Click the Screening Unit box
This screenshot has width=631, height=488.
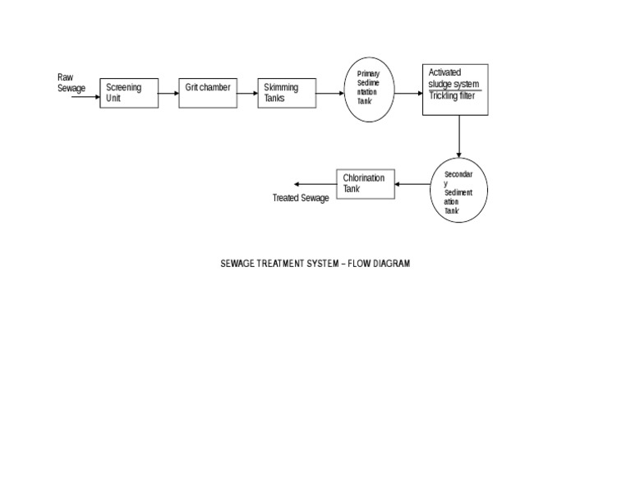coord(129,94)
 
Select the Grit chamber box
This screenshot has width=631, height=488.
coord(207,93)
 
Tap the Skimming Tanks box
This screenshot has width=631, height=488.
coord(286,93)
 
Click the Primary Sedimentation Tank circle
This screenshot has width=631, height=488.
coord(369,90)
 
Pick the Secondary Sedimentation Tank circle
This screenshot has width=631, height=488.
coord(458,191)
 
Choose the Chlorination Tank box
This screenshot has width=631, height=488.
coord(366,184)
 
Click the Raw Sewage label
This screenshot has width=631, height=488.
coord(71,83)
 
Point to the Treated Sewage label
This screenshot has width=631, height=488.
coord(301,198)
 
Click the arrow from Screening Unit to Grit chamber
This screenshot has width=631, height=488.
coord(168,93)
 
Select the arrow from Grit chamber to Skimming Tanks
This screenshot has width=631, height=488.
coord(246,93)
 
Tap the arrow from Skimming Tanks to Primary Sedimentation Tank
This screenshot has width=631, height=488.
coord(329,93)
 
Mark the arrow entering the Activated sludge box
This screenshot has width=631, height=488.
coord(408,93)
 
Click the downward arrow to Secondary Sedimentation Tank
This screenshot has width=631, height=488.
coord(459,136)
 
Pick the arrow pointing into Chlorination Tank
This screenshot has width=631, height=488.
coord(413,184)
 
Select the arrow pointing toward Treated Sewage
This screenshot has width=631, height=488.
coord(315,184)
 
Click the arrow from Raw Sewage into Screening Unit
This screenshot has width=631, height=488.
coord(85,97)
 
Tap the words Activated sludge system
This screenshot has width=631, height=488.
coord(454,78)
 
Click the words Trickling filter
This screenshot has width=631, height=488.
coord(452,95)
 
